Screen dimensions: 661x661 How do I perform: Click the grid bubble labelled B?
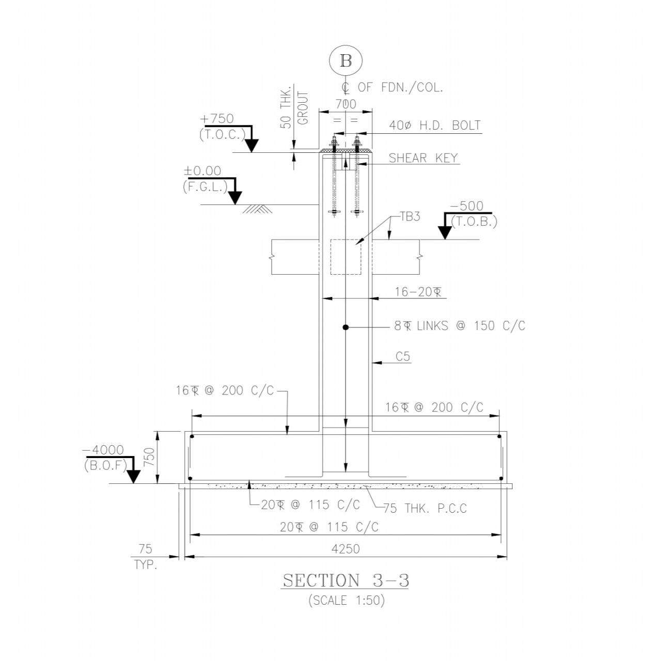[345, 61]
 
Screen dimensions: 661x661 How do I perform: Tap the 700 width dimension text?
[346, 104]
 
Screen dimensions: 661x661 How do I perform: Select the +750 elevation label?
[217, 119]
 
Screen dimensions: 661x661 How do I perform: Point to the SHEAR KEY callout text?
[423, 158]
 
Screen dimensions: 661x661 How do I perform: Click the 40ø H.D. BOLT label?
[435, 125]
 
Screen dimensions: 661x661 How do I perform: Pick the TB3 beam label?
[410, 217]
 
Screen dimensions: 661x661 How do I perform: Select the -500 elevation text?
[466, 206]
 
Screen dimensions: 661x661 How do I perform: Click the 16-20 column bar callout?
[418, 292]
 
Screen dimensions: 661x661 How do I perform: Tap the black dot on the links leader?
[345, 327]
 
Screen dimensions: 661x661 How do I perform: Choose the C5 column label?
[403, 356]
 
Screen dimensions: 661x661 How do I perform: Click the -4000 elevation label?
[103, 450]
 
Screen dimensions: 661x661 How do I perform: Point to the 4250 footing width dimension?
[345, 549]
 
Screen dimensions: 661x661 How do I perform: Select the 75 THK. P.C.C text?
[425, 508]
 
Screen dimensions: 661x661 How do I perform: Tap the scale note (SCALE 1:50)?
[347, 600]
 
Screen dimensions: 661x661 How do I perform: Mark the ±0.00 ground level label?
[203, 171]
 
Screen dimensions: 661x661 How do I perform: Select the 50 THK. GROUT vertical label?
[294, 108]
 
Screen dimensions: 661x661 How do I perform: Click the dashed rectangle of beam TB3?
[345, 257]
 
